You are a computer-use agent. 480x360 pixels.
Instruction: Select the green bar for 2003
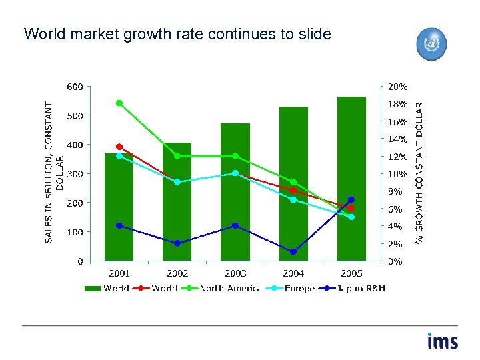click(x=235, y=193)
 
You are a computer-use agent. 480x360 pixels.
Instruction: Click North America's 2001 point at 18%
click(x=119, y=103)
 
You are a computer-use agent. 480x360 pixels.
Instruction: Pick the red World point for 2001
click(x=119, y=147)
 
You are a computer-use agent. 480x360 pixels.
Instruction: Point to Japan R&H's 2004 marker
click(x=293, y=252)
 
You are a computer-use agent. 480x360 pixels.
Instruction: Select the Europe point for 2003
click(x=235, y=173)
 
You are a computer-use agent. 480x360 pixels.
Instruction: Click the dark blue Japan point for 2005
click(x=351, y=199)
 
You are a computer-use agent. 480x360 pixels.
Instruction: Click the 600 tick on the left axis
click(x=75, y=87)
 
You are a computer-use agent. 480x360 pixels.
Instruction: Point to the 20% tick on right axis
click(x=399, y=87)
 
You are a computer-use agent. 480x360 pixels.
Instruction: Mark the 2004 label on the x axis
click(x=293, y=273)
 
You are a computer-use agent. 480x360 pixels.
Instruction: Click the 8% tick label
click(x=396, y=191)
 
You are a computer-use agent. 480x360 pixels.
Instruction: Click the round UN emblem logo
click(x=431, y=44)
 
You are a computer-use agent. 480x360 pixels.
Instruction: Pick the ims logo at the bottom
click(x=443, y=341)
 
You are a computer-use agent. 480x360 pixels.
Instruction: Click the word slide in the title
click(x=313, y=34)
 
